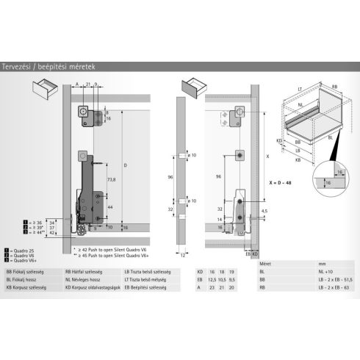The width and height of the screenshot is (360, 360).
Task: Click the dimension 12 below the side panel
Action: coord(180,255)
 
